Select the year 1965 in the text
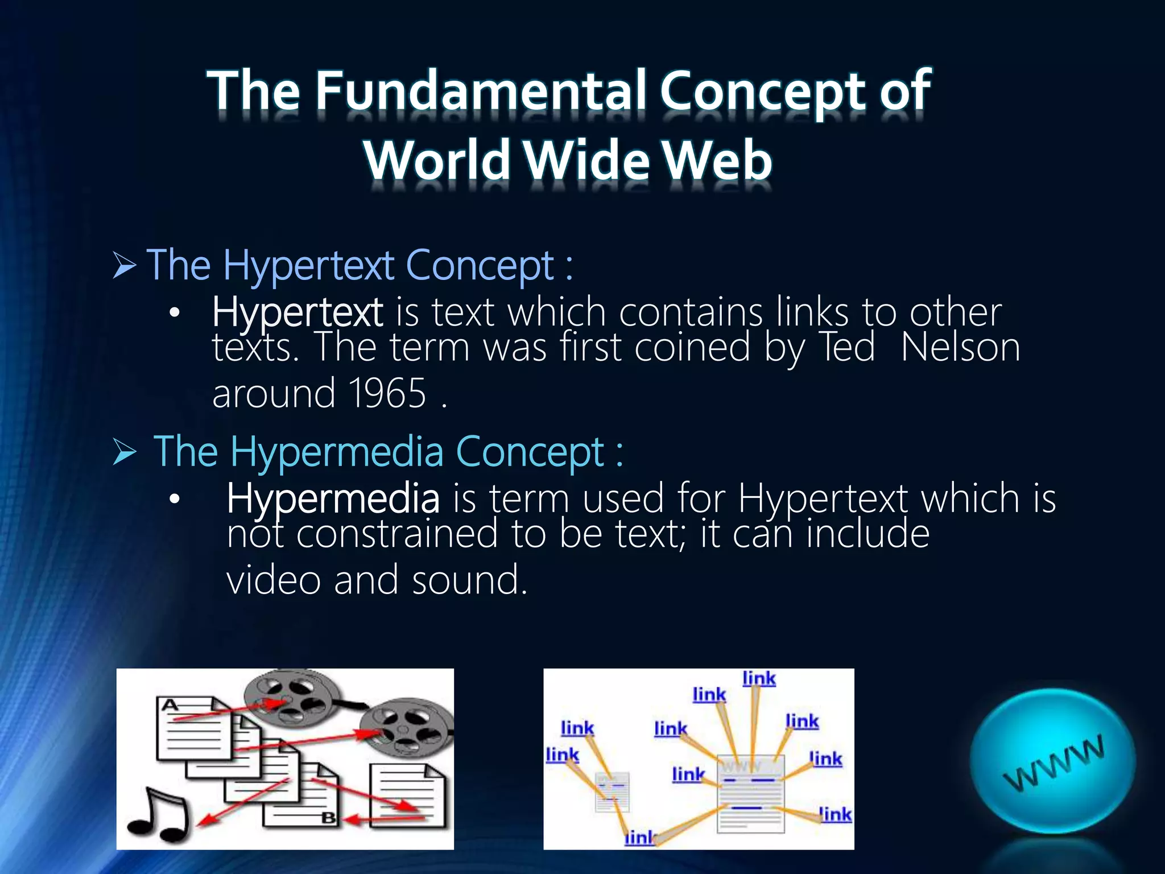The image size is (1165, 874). [387, 394]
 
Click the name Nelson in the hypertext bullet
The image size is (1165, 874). [961, 348]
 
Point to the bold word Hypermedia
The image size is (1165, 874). [333, 498]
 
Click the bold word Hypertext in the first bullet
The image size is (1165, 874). [298, 312]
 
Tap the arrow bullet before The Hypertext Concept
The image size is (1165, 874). [125, 266]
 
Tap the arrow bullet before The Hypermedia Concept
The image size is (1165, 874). [125, 452]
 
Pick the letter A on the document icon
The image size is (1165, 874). [170, 706]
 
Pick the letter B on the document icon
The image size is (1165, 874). [329, 818]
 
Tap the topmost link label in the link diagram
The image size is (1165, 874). [759, 678]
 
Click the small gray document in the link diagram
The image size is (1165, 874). [612, 791]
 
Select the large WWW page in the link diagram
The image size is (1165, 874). [750, 794]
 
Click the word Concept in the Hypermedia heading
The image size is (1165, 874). [530, 452]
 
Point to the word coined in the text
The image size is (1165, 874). [692, 348]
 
